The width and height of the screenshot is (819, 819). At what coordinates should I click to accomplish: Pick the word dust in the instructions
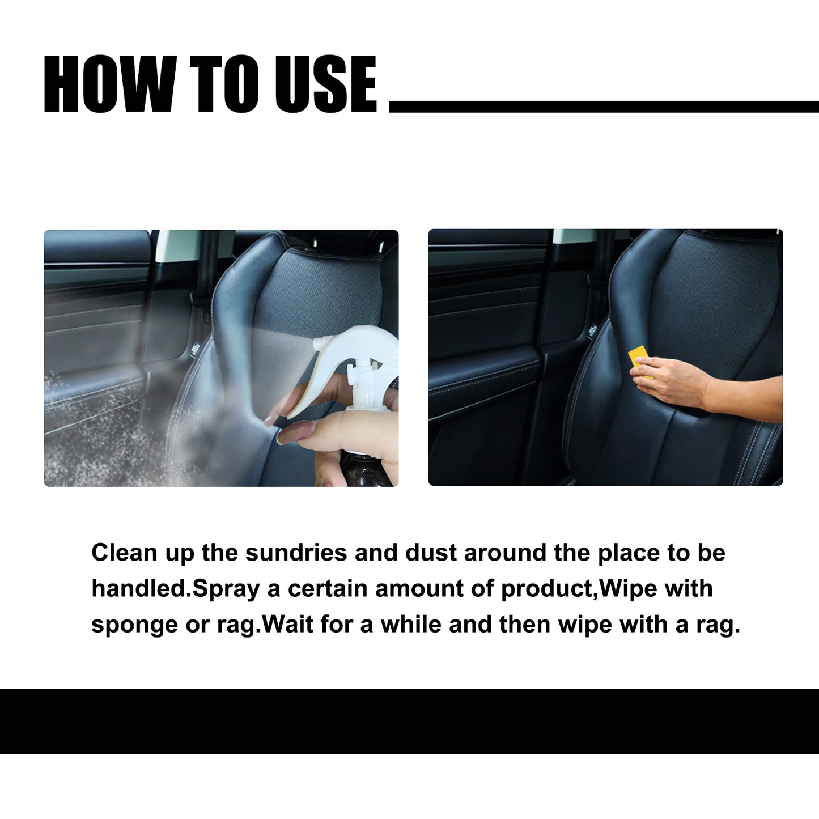pos(430,553)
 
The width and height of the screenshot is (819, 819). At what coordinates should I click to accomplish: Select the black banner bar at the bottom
pos(409,721)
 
